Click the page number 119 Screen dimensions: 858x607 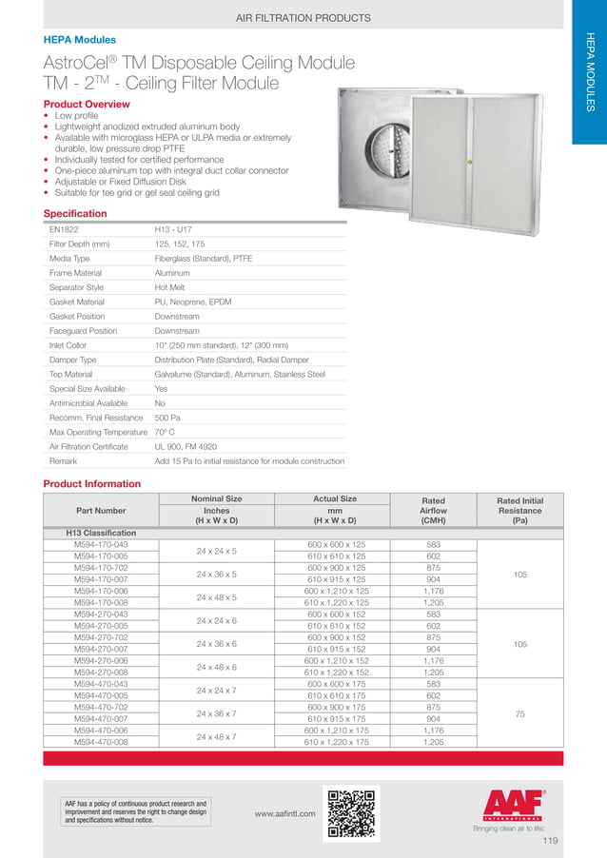pos(550,842)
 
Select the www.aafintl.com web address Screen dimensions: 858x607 pos(285,815)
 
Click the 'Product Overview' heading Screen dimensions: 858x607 pos(87,104)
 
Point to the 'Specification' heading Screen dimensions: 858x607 pos(75,214)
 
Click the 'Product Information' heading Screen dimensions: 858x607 pos(92,484)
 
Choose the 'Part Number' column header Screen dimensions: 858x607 pos(102,510)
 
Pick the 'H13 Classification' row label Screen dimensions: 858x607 pos(101,533)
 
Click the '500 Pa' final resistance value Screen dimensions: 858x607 pos(168,417)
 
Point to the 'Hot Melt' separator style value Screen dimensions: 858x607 pos(169,287)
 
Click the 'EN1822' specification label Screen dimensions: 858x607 pos(63,229)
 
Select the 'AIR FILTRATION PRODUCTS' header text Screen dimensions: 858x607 pos(303,17)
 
